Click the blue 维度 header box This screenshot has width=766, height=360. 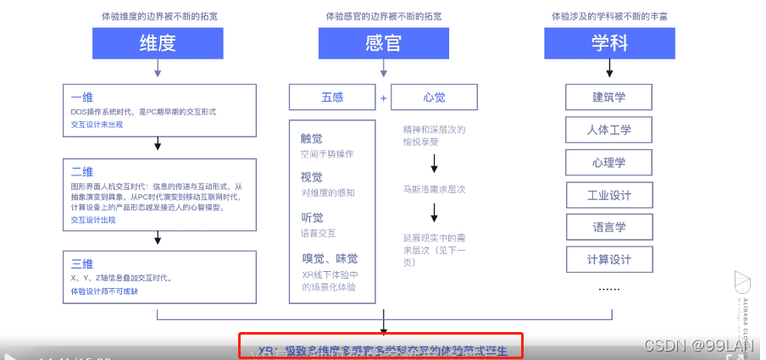point(157,43)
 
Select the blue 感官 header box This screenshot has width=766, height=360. point(382,43)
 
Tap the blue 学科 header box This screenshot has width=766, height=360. point(608,43)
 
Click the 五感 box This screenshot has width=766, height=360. point(332,97)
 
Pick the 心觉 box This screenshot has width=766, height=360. point(434,97)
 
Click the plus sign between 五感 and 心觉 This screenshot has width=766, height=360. point(383,98)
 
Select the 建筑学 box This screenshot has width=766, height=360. point(608,97)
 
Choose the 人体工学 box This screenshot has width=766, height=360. point(608,130)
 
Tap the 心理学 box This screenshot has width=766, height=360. point(608,162)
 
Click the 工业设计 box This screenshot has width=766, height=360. point(608,195)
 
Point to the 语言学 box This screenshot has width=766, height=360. point(608,227)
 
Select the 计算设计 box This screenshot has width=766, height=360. point(608,259)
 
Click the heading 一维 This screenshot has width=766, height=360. point(81,97)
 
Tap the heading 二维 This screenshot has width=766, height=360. point(81,172)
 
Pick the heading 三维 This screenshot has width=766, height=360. point(81,263)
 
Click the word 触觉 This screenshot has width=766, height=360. point(311,139)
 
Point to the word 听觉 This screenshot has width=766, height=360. point(311,218)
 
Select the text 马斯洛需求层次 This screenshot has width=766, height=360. point(434,189)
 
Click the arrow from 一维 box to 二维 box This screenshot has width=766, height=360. point(158,145)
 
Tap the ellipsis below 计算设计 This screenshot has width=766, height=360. point(608,288)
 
